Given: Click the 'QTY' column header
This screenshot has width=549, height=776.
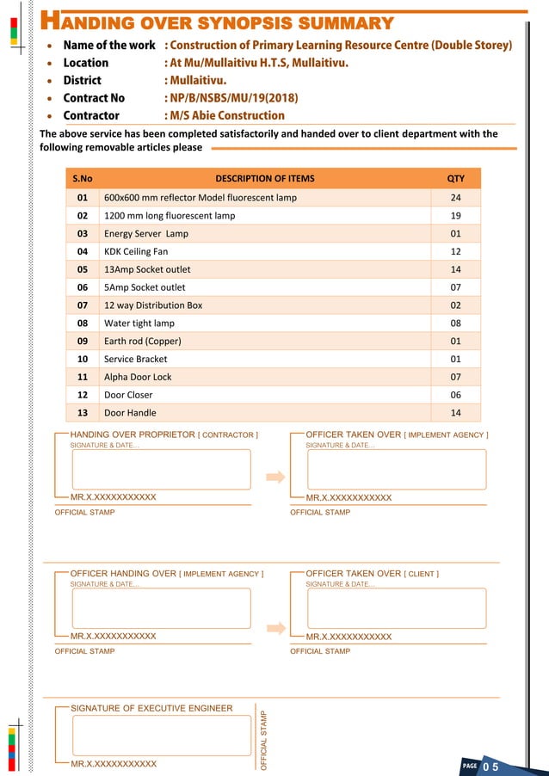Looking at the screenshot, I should click(x=455, y=179).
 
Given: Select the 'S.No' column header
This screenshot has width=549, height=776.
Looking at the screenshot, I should click(x=83, y=179).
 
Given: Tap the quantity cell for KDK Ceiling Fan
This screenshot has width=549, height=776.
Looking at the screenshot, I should click(x=455, y=251).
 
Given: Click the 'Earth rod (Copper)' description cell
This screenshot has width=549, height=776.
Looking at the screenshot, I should click(x=142, y=341).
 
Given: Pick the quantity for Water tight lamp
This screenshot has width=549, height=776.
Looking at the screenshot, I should click(x=455, y=323).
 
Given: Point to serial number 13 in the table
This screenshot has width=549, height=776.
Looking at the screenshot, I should click(x=83, y=413).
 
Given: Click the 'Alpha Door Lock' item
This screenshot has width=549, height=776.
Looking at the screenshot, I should click(x=138, y=377).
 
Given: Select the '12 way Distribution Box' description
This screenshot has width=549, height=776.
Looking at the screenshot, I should click(x=153, y=305).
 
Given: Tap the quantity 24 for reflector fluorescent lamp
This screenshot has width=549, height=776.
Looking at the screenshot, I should click(x=455, y=198).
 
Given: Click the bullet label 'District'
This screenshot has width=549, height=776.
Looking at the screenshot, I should click(x=82, y=80).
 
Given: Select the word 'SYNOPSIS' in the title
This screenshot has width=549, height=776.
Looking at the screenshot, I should click(x=240, y=22).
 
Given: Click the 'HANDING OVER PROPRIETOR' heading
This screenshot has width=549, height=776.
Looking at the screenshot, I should click(x=133, y=434).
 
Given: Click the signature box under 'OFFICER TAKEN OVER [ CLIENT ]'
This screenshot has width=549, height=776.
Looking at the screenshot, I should click(x=397, y=608).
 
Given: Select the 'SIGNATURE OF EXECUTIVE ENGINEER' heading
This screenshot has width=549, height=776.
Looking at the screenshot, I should click(x=151, y=708).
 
